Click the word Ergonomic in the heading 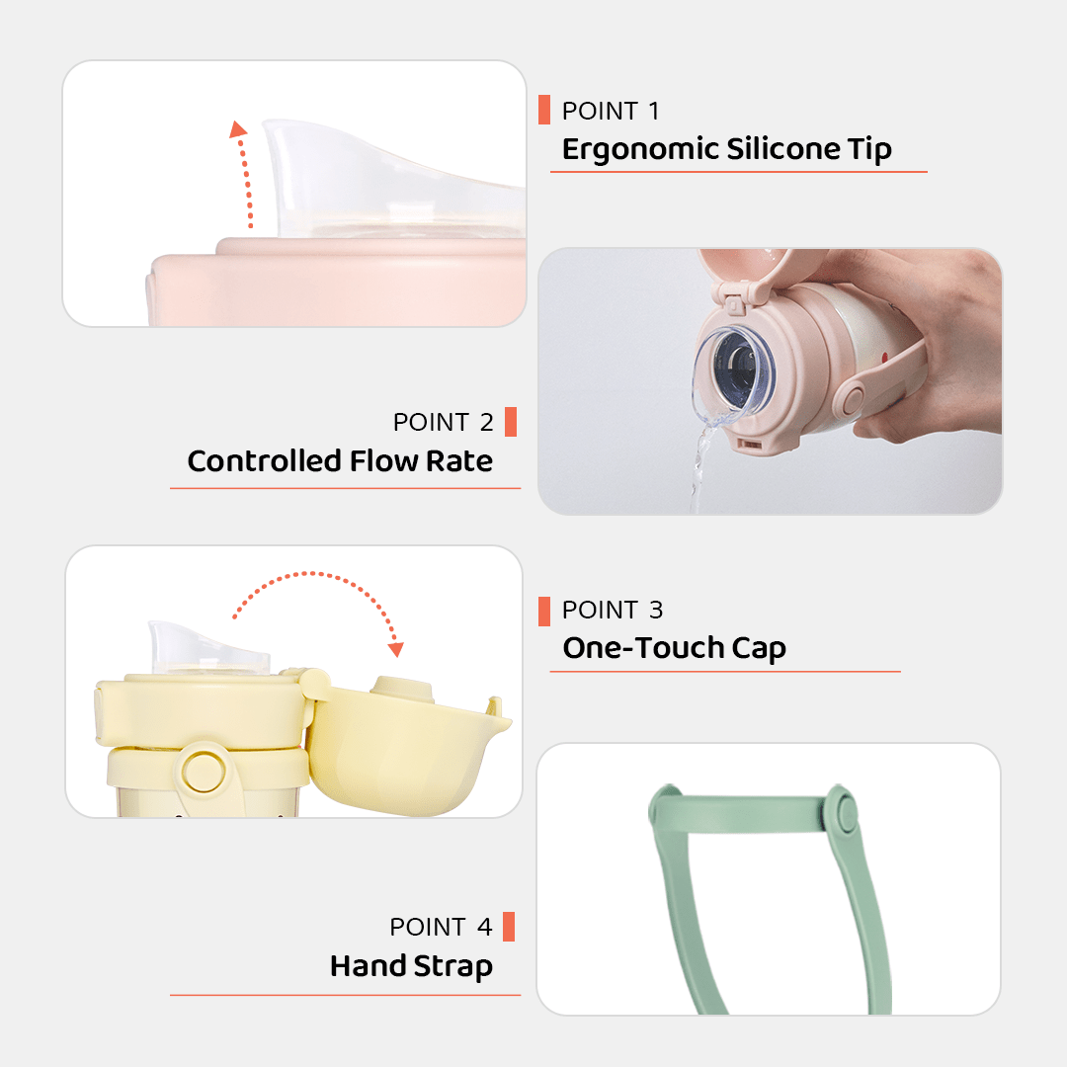pyautogui.click(x=640, y=150)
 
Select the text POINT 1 pyautogui.click(x=611, y=111)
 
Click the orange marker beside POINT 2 pyautogui.click(x=511, y=422)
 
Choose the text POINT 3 pyautogui.click(x=613, y=611)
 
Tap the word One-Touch pyautogui.click(x=643, y=648)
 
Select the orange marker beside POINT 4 pyautogui.click(x=509, y=927)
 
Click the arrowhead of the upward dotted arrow pyautogui.click(x=237, y=129)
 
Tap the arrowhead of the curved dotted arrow pyautogui.click(x=396, y=649)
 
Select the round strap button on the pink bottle pyautogui.click(x=852, y=400)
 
